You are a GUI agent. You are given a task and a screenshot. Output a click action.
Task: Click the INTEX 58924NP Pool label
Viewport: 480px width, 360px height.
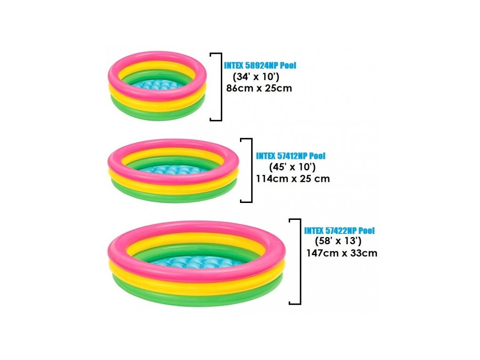point(260,66)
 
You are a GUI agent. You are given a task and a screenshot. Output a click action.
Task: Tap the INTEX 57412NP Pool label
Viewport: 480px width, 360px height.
point(291,156)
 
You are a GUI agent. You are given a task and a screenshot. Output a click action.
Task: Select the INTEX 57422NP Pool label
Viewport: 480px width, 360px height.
point(339,231)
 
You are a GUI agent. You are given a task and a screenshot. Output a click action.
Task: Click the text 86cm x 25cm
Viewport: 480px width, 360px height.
point(259,88)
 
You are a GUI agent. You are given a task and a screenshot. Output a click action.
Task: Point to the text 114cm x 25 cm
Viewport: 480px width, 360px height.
point(293,178)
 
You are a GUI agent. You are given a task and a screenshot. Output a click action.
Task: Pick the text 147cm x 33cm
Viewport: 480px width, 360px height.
point(341,253)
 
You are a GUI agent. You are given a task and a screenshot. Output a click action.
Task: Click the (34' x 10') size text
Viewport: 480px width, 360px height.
point(256,77)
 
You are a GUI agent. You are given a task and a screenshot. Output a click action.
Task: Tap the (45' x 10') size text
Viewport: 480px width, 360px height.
point(292,167)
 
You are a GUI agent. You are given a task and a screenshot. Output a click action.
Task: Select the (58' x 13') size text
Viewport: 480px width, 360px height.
point(339,241)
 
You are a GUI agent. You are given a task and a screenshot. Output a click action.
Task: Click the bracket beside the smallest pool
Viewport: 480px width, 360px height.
point(217,87)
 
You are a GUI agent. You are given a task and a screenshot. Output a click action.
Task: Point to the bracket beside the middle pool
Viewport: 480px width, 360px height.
point(248,171)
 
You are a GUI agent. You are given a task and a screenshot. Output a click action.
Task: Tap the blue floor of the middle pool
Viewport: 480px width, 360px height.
point(173,169)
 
